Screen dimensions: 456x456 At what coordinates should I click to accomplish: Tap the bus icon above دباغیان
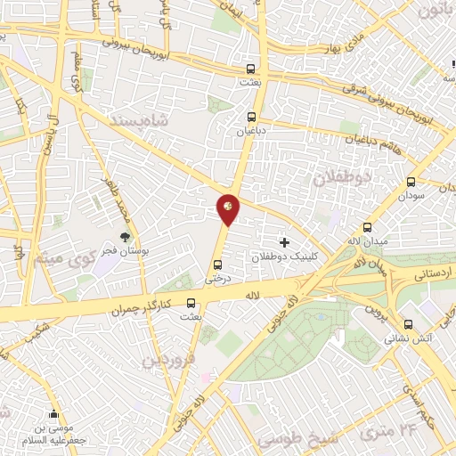(x=253, y=116)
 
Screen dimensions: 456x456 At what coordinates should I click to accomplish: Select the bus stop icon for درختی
(x=218, y=264)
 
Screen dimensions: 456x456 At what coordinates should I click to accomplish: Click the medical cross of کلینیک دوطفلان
(x=284, y=241)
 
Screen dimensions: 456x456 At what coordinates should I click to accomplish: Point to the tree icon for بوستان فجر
(x=124, y=237)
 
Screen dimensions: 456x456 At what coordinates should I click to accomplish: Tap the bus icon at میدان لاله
(x=368, y=227)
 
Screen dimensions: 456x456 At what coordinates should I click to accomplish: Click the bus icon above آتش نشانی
(x=408, y=325)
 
